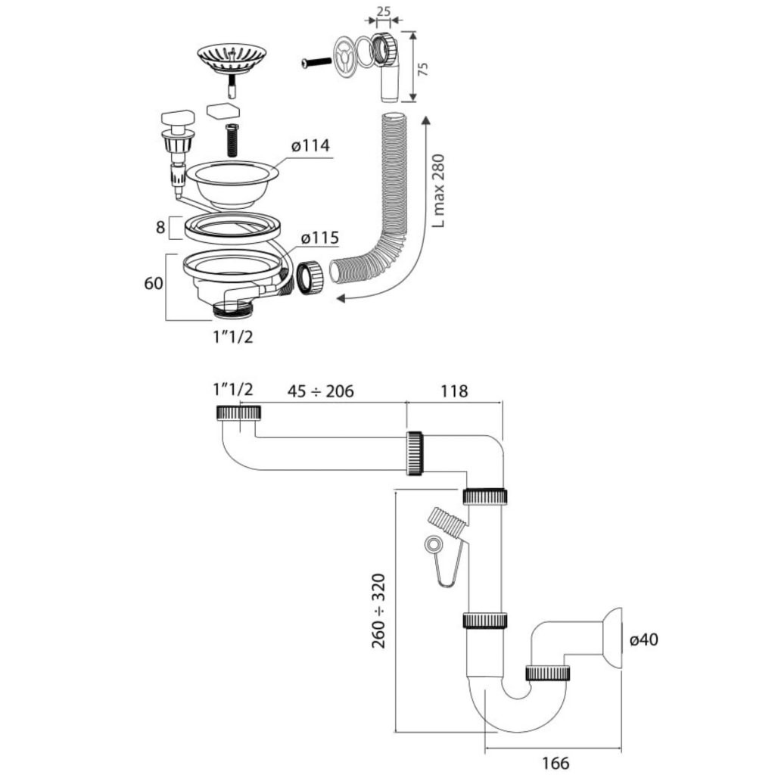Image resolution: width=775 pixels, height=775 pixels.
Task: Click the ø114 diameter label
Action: click(x=310, y=145)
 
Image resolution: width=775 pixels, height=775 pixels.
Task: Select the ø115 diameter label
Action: click(x=319, y=238)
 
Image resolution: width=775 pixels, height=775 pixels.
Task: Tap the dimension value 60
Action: click(x=154, y=283)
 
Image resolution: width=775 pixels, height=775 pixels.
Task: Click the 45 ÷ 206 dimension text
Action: click(x=320, y=391)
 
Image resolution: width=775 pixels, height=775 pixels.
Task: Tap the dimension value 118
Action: click(x=453, y=391)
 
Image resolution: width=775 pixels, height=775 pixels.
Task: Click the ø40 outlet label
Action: click(x=643, y=640)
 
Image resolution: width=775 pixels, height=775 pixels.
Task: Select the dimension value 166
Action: click(x=556, y=763)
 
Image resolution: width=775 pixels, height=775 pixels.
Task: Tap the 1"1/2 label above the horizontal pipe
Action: click(x=232, y=391)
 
